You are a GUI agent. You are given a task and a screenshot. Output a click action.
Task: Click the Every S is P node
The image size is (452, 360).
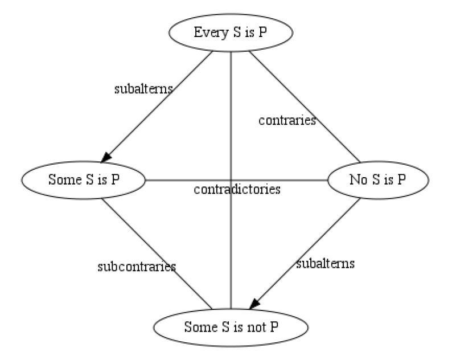click(231, 33)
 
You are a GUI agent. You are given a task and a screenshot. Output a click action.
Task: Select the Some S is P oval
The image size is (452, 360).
click(84, 180)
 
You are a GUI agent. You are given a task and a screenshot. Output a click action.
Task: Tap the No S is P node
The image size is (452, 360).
click(377, 180)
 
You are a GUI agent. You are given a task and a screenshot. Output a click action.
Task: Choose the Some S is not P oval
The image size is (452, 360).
click(231, 327)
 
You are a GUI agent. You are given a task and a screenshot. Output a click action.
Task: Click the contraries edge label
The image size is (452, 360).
click(287, 121)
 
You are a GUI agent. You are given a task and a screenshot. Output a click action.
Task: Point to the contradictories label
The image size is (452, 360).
click(237, 190)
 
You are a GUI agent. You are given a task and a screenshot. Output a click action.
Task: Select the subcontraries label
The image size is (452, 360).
click(136, 266)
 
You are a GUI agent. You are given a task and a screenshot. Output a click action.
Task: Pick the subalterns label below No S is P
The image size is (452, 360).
click(325, 264)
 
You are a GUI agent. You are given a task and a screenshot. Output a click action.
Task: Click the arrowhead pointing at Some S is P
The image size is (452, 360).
click(106, 156)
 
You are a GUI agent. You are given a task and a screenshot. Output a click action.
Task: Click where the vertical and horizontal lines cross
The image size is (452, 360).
click(231, 180)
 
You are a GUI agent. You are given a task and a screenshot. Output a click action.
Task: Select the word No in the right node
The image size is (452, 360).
click(356, 180)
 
